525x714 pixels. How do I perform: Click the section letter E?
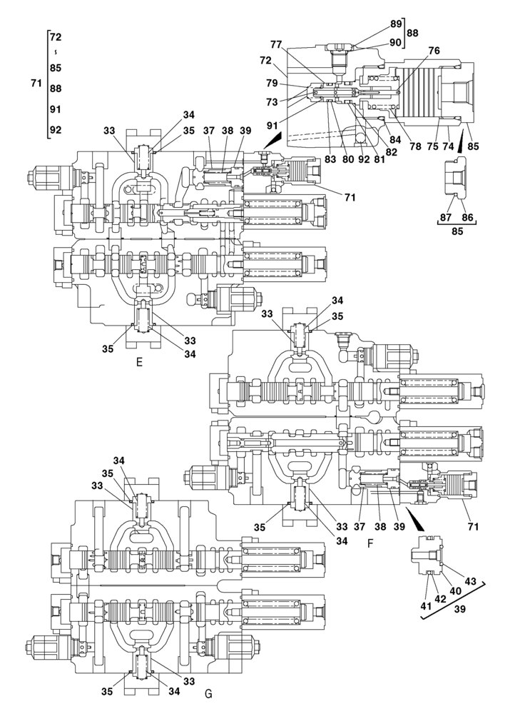(x=139, y=362)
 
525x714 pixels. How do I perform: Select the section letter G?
(x=208, y=693)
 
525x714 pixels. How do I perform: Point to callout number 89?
(x=395, y=24)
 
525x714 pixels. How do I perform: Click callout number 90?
(x=395, y=42)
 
